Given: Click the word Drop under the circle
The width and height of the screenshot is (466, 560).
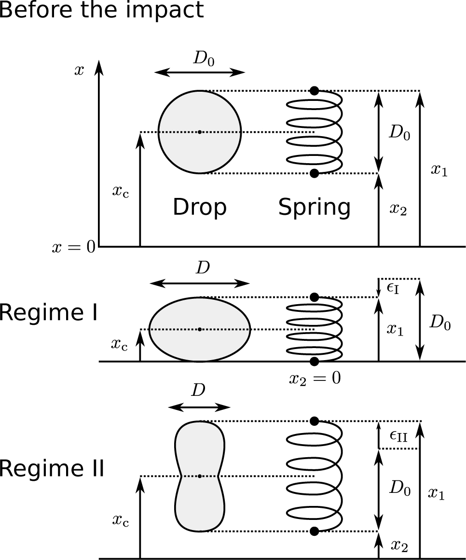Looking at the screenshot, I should [x=200, y=207].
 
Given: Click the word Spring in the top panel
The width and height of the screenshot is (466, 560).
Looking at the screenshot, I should [x=314, y=208].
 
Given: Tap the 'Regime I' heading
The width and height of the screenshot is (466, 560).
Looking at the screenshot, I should [x=49, y=313].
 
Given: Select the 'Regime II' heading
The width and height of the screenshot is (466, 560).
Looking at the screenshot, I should [x=52, y=469].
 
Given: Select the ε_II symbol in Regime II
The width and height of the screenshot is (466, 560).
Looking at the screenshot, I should [x=398, y=436].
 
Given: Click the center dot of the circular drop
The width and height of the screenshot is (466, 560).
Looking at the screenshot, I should [x=200, y=132].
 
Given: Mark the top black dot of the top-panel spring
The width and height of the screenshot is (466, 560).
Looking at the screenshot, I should [x=315, y=90].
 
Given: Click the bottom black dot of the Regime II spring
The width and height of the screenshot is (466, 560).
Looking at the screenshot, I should [x=315, y=532].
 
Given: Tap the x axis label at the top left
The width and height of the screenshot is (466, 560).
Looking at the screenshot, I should [x=79, y=70].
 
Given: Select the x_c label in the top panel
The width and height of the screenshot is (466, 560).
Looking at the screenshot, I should [x=121, y=191].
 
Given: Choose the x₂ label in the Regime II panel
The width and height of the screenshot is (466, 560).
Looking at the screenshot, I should [x=398, y=546].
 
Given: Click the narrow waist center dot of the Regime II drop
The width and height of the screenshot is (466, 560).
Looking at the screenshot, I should [x=200, y=476].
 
